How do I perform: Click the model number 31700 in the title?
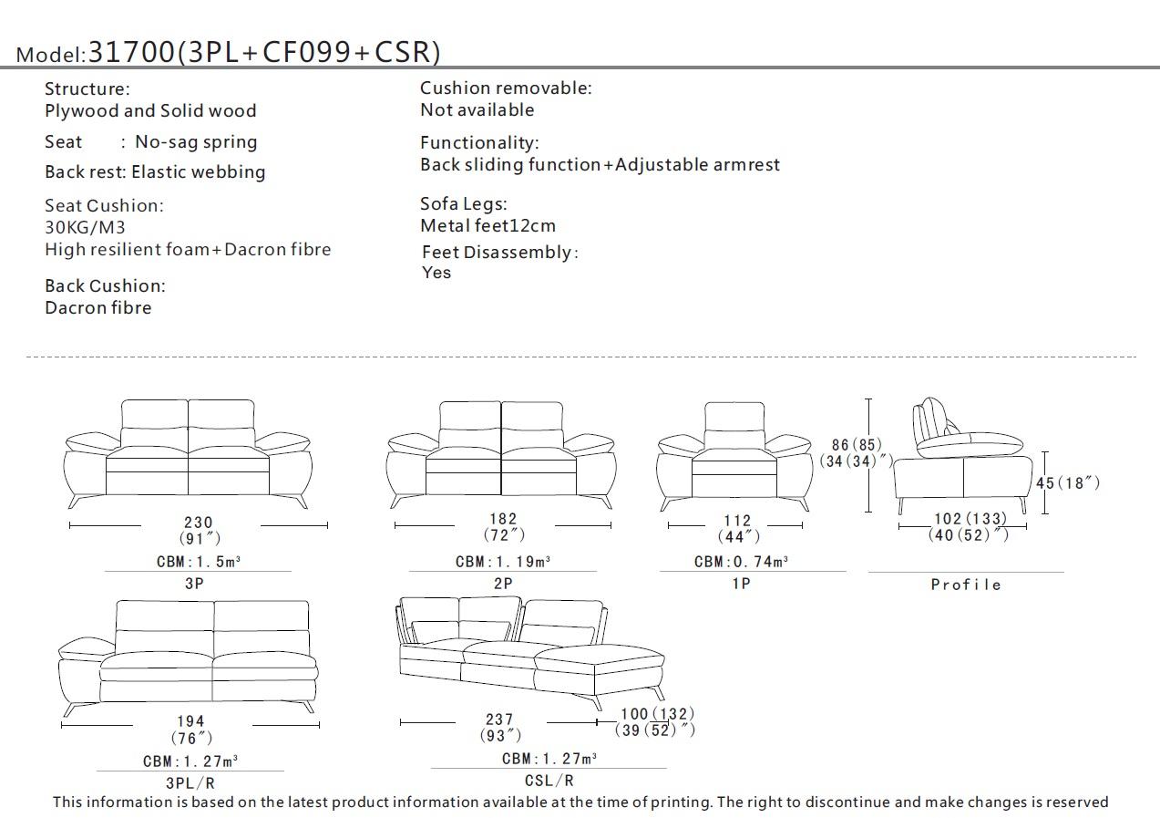tap(130, 52)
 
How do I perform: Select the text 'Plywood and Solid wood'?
tap(150, 111)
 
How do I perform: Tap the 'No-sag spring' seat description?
tap(196, 142)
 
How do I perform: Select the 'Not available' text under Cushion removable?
tap(477, 110)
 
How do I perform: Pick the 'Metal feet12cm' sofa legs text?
tap(488, 226)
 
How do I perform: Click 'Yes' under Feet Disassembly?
tap(436, 273)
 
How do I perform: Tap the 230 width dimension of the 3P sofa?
tap(199, 523)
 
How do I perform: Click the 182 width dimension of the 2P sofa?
tap(503, 519)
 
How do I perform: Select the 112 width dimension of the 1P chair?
tap(737, 522)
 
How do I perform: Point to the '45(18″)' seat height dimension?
tap(1067, 482)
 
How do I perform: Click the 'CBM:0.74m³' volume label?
tap(741, 562)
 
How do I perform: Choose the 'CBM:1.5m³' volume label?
tap(198, 562)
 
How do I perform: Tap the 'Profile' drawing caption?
tap(966, 585)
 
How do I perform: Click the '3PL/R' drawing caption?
tap(190, 782)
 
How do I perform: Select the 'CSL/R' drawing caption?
tap(549, 780)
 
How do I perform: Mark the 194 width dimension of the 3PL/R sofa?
tap(191, 721)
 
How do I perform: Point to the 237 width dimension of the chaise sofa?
tap(499, 720)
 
